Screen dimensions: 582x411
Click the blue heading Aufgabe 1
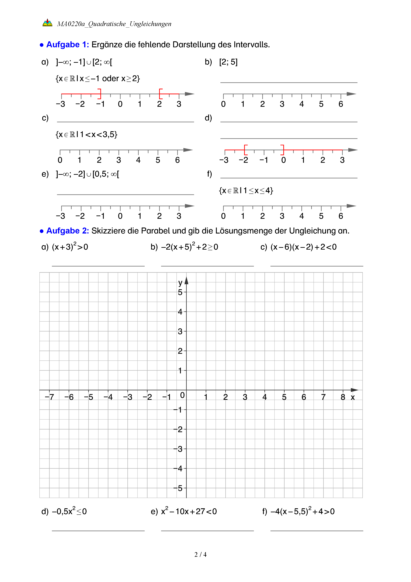tap(67, 45)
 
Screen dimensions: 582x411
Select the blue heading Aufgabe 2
tap(67, 231)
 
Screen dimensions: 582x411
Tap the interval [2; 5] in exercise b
tap(228, 62)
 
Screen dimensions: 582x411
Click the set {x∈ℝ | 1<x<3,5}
tap(87, 134)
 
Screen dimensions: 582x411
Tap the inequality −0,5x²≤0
tap(69, 511)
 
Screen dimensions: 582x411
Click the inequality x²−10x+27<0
tap(189, 511)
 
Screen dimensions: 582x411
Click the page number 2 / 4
tap(200, 555)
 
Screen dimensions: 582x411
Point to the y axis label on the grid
tap(180, 282)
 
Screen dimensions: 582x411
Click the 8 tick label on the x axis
tap(343, 397)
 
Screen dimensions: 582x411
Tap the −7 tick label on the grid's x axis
tap(49, 397)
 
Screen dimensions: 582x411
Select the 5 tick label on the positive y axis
tap(180, 292)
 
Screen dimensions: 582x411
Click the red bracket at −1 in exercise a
tap(100, 94)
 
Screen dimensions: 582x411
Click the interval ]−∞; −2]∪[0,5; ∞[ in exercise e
tap(87, 174)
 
